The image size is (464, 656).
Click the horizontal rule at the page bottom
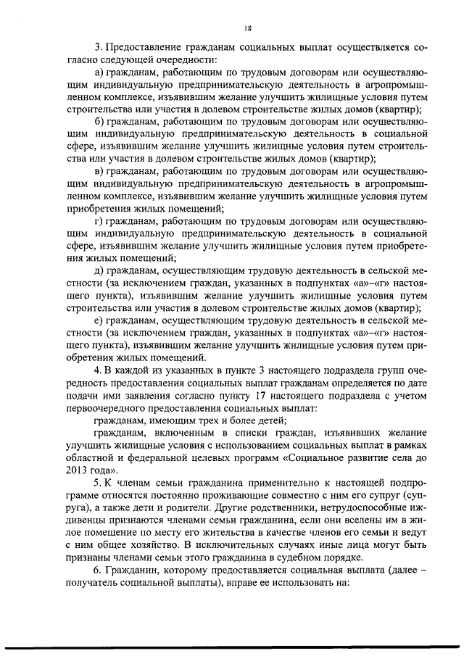pyautogui.click(x=232, y=647)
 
